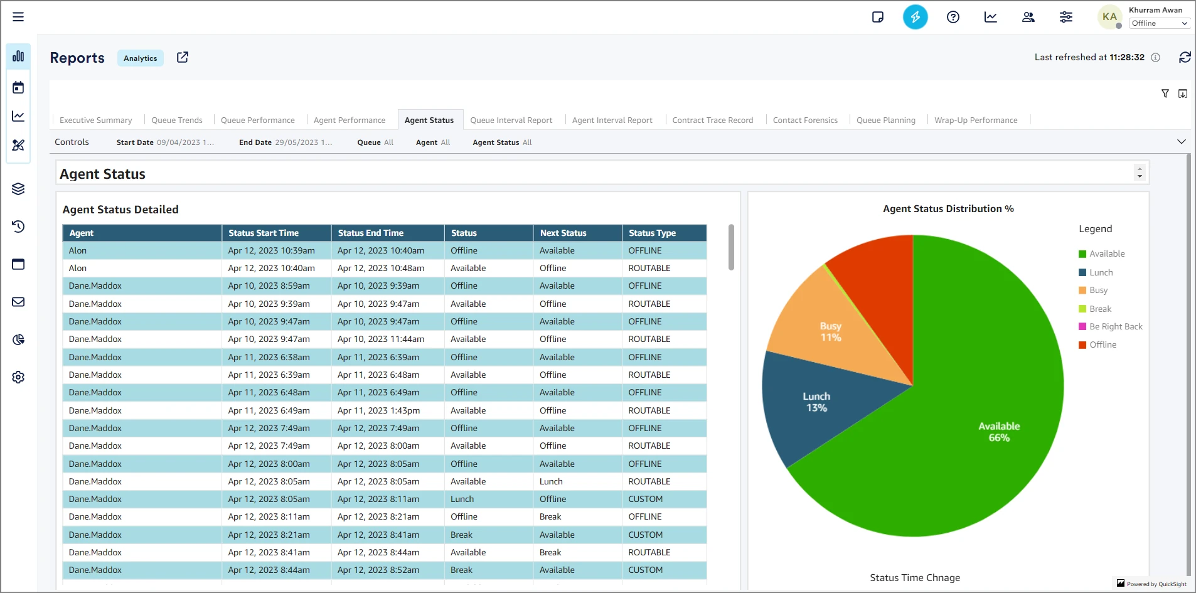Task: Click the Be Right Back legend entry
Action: click(x=1115, y=327)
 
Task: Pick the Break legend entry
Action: click(x=1099, y=309)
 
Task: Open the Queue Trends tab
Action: click(x=177, y=120)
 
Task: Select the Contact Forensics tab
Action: click(x=805, y=120)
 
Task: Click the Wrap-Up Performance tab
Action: click(x=976, y=120)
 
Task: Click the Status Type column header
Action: click(x=652, y=233)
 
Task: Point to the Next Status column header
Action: click(x=563, y=233)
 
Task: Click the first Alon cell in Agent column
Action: click(x=78, y=250)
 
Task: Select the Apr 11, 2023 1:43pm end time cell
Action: click(x=379, y=410)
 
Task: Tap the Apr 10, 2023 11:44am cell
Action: click(x=381, y=339)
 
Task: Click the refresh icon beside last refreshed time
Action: click(x=1185, y=58)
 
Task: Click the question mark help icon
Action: click(x=953, y=17)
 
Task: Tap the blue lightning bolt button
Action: click(x=915, y=17)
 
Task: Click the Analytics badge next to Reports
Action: click(x=141, y=58)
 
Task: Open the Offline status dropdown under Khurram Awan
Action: click(x=1159, y=23)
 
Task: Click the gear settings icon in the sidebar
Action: click(x=18, y=377)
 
